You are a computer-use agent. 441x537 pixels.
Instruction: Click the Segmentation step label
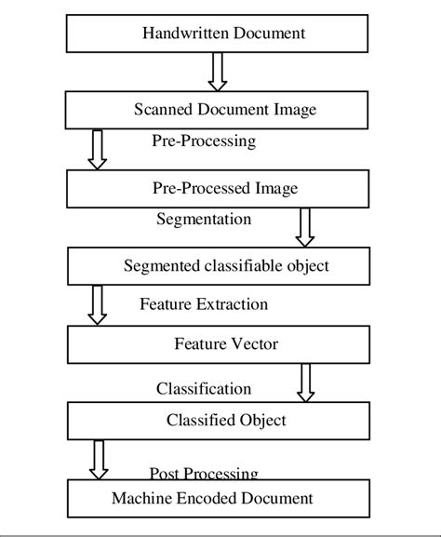point(203,220)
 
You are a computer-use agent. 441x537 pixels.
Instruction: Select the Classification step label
point(204,388)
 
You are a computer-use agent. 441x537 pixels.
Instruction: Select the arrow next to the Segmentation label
point(304,227)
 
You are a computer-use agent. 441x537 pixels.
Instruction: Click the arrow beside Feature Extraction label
point(98,305)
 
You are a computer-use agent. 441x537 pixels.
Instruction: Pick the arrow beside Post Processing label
point(98,459)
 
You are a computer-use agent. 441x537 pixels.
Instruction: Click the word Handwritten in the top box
point(178,34)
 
